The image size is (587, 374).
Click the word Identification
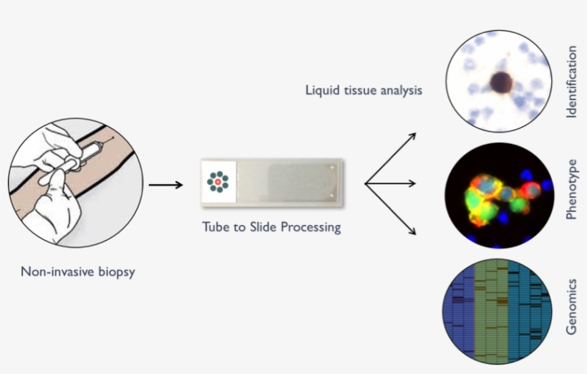[571, 82]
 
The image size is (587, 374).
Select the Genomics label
[571, 306]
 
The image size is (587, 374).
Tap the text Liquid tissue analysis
[364, 91]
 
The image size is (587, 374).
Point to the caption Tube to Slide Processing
[271, 229]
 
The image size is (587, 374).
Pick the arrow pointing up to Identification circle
[392, 157]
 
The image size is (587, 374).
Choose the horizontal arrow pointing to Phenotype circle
[391, 183]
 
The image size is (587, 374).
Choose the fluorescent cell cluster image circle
[498, 195]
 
